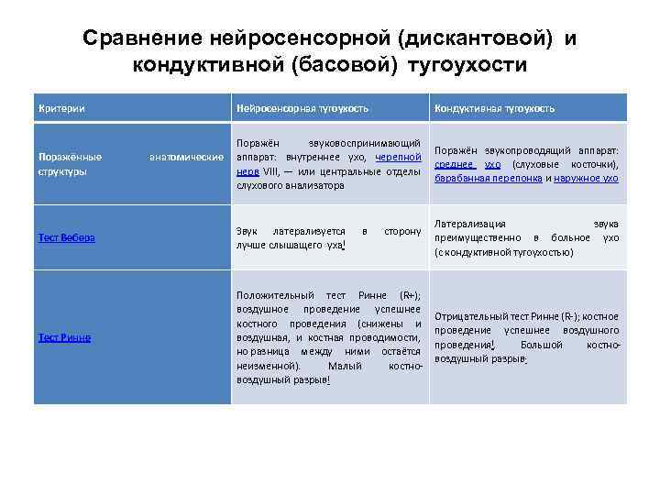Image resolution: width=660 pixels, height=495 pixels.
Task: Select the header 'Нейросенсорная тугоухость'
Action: click(302, 108)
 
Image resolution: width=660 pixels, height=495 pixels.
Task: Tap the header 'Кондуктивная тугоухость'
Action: click(494, 108)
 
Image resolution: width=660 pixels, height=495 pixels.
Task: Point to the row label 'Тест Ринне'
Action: click(64, 336)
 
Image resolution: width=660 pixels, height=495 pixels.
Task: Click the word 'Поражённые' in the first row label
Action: click(70, 157)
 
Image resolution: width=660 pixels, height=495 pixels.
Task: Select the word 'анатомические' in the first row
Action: click(186, 157)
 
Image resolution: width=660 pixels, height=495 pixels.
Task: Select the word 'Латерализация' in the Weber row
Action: click(472, 223)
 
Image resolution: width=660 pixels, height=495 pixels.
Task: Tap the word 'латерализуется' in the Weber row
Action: click(311, 231)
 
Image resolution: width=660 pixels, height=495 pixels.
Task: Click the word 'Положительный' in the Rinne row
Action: click(271, 296)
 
